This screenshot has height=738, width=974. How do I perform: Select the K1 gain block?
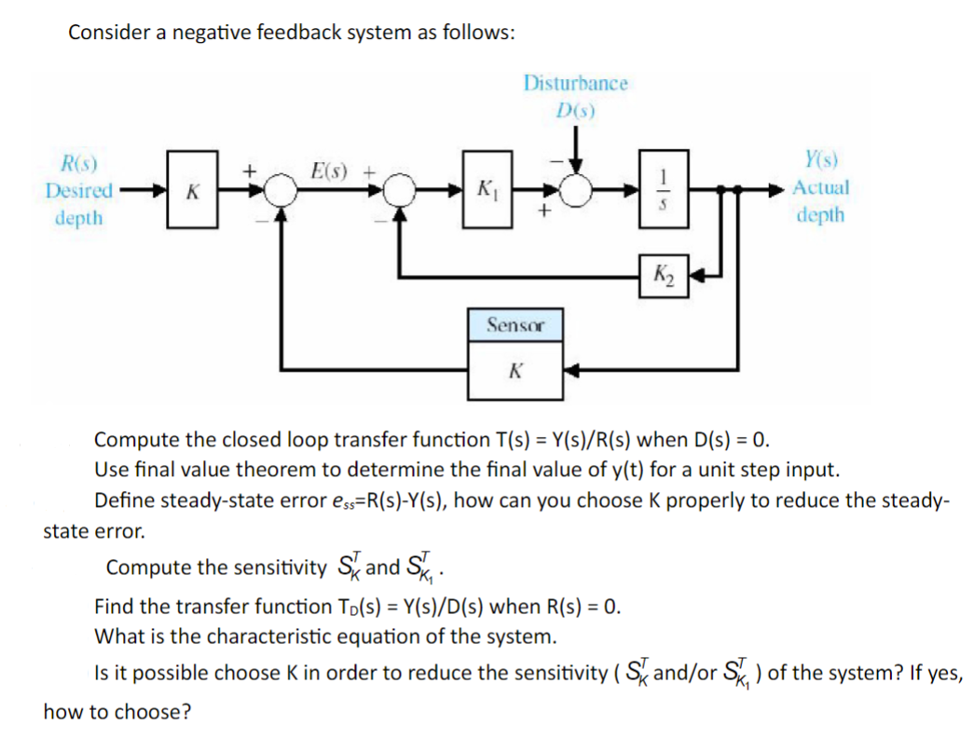tap(485, 192)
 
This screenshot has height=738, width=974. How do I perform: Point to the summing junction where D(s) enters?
tap(576, 191)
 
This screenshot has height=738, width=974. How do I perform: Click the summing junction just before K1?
tap(400, 191)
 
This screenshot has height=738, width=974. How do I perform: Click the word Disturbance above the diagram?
tap(575, 83)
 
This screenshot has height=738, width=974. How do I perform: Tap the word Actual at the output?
tap(820, 186)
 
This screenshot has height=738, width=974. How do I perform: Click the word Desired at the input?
tap(79, 191)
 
